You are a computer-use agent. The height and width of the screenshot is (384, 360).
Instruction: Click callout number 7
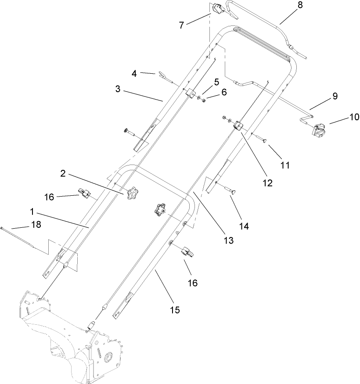(x=181, y=25)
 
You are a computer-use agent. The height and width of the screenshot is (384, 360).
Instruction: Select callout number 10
(x=354, y=117)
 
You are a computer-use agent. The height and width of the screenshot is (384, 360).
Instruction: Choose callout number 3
(x=118, y=89)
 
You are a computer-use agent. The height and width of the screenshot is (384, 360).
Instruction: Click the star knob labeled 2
(x=131, y=193)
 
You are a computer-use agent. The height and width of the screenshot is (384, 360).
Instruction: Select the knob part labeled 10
(x=320, y=129)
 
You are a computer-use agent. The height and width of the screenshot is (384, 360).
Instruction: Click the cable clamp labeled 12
(x=239, y=126)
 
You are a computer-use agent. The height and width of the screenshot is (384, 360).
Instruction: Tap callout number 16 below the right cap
(x=193, y=283)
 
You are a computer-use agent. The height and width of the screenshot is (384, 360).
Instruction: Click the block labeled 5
(x=191, y=93)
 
